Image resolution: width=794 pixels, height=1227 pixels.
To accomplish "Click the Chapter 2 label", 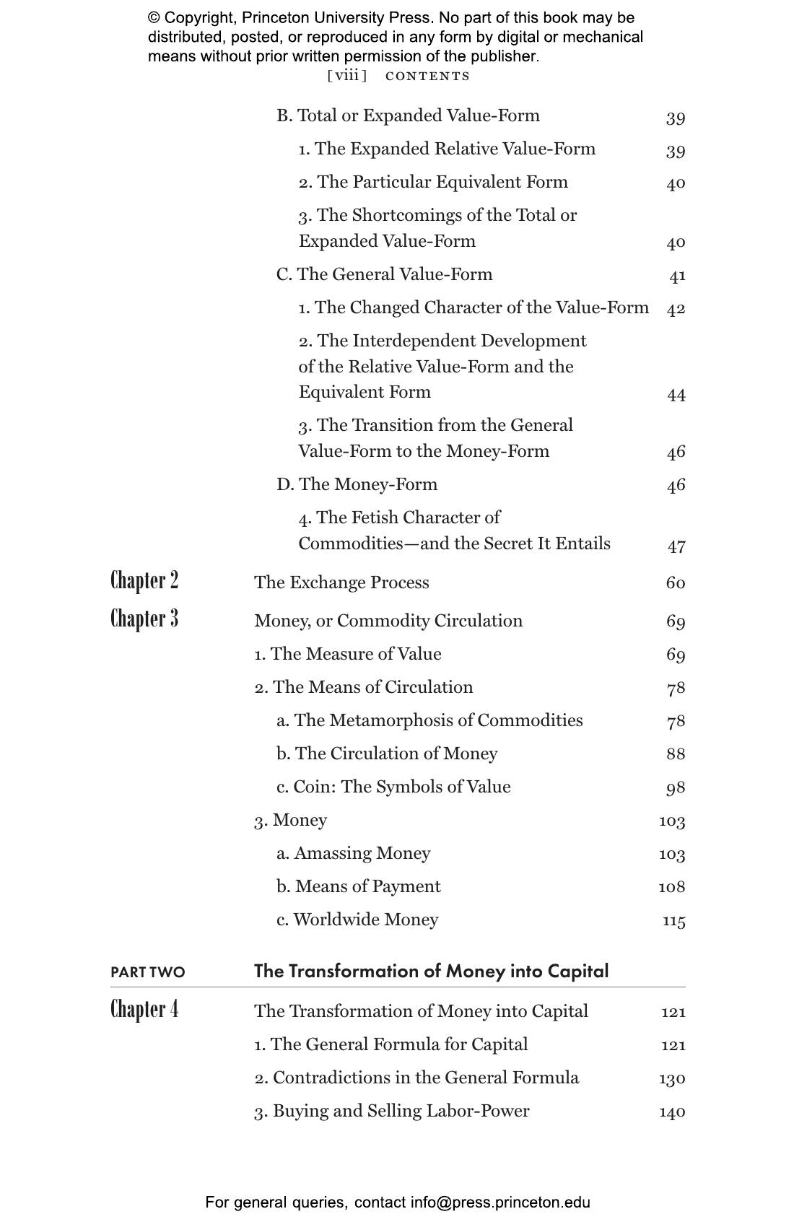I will (144, 581).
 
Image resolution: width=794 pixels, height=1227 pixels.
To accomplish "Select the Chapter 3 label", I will (144, 619).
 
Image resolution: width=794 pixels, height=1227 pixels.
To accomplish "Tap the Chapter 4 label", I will (144, 1009).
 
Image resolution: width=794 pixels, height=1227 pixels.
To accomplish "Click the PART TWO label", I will (148, 973).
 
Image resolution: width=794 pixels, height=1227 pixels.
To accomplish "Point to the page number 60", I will (676, 583).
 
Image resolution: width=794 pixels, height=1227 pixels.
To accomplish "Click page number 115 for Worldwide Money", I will (674, 921).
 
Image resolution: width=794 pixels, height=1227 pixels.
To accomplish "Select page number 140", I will (672, 1112).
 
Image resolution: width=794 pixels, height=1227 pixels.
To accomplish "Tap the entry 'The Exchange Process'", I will (341, 582).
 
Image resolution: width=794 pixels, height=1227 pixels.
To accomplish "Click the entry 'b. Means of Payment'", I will (358, 886).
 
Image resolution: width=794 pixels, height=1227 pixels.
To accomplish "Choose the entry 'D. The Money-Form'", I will (357, 484).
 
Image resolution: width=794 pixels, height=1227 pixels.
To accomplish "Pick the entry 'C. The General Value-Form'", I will (384, 274).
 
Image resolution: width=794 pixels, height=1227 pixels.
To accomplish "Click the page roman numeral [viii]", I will (347, 76).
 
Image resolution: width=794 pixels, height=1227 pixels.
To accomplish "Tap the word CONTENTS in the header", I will (427, 77).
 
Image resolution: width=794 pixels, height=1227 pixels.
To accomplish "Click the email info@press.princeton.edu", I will (500, 1202).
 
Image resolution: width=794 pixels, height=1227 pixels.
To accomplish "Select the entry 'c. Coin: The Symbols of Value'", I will (393, 787).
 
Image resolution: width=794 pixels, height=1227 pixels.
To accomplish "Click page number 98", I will (676, 788).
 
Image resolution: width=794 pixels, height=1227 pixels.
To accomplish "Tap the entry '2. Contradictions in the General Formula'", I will (416, 1078).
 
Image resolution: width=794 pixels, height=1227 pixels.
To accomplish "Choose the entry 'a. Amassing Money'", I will (353, 853).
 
